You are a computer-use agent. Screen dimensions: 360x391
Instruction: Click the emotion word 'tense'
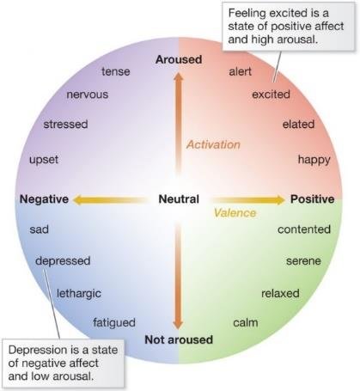(116, 71)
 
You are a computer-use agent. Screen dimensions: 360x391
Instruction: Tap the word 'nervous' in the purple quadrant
(88, 95)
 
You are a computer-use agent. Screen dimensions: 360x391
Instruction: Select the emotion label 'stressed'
(65, 125)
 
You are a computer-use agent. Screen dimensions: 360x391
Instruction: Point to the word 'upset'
(44, 160)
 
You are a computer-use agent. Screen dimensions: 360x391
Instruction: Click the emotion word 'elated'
(298, 125)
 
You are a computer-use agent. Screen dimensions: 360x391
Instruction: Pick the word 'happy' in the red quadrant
(314, 160)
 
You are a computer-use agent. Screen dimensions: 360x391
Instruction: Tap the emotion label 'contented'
(304, 229)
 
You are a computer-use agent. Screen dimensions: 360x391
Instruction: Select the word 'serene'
(303, 261)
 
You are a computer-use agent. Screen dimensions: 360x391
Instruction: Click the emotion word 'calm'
(246, 322)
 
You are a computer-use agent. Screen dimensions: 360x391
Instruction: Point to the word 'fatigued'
(114, 323)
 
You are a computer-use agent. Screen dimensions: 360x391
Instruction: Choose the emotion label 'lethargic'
(79, 294)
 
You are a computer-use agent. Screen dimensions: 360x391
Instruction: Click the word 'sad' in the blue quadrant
(40, 229)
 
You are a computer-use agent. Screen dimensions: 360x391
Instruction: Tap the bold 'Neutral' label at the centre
(179, 199)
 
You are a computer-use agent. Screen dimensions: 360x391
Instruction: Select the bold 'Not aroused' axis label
(179, 339)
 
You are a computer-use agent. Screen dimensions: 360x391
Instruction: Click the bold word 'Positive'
(313, 199)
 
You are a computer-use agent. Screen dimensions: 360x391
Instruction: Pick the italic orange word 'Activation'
(213, 144)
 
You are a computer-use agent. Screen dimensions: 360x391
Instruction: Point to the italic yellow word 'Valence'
(235, 213)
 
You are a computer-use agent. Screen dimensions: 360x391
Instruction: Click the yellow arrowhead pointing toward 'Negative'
(77, 199)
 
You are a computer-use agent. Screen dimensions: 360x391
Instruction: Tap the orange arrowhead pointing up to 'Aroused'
(179, 76)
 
